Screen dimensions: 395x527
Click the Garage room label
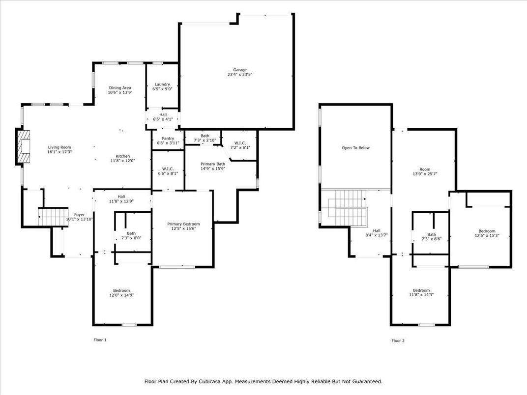(x=240, y=70)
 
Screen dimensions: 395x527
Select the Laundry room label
(x=162, y=84)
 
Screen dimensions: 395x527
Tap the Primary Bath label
(x=213, y=164)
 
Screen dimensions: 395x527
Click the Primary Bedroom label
(x=183, y=224)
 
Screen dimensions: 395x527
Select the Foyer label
(x=79, y=215)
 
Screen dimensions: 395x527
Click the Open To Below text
(x=355, y=148)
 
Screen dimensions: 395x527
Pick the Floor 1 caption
(x=100, y=340)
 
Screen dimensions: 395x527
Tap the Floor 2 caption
(x=398, y=340)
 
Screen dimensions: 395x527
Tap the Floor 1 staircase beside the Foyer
(x=53, y=216)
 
